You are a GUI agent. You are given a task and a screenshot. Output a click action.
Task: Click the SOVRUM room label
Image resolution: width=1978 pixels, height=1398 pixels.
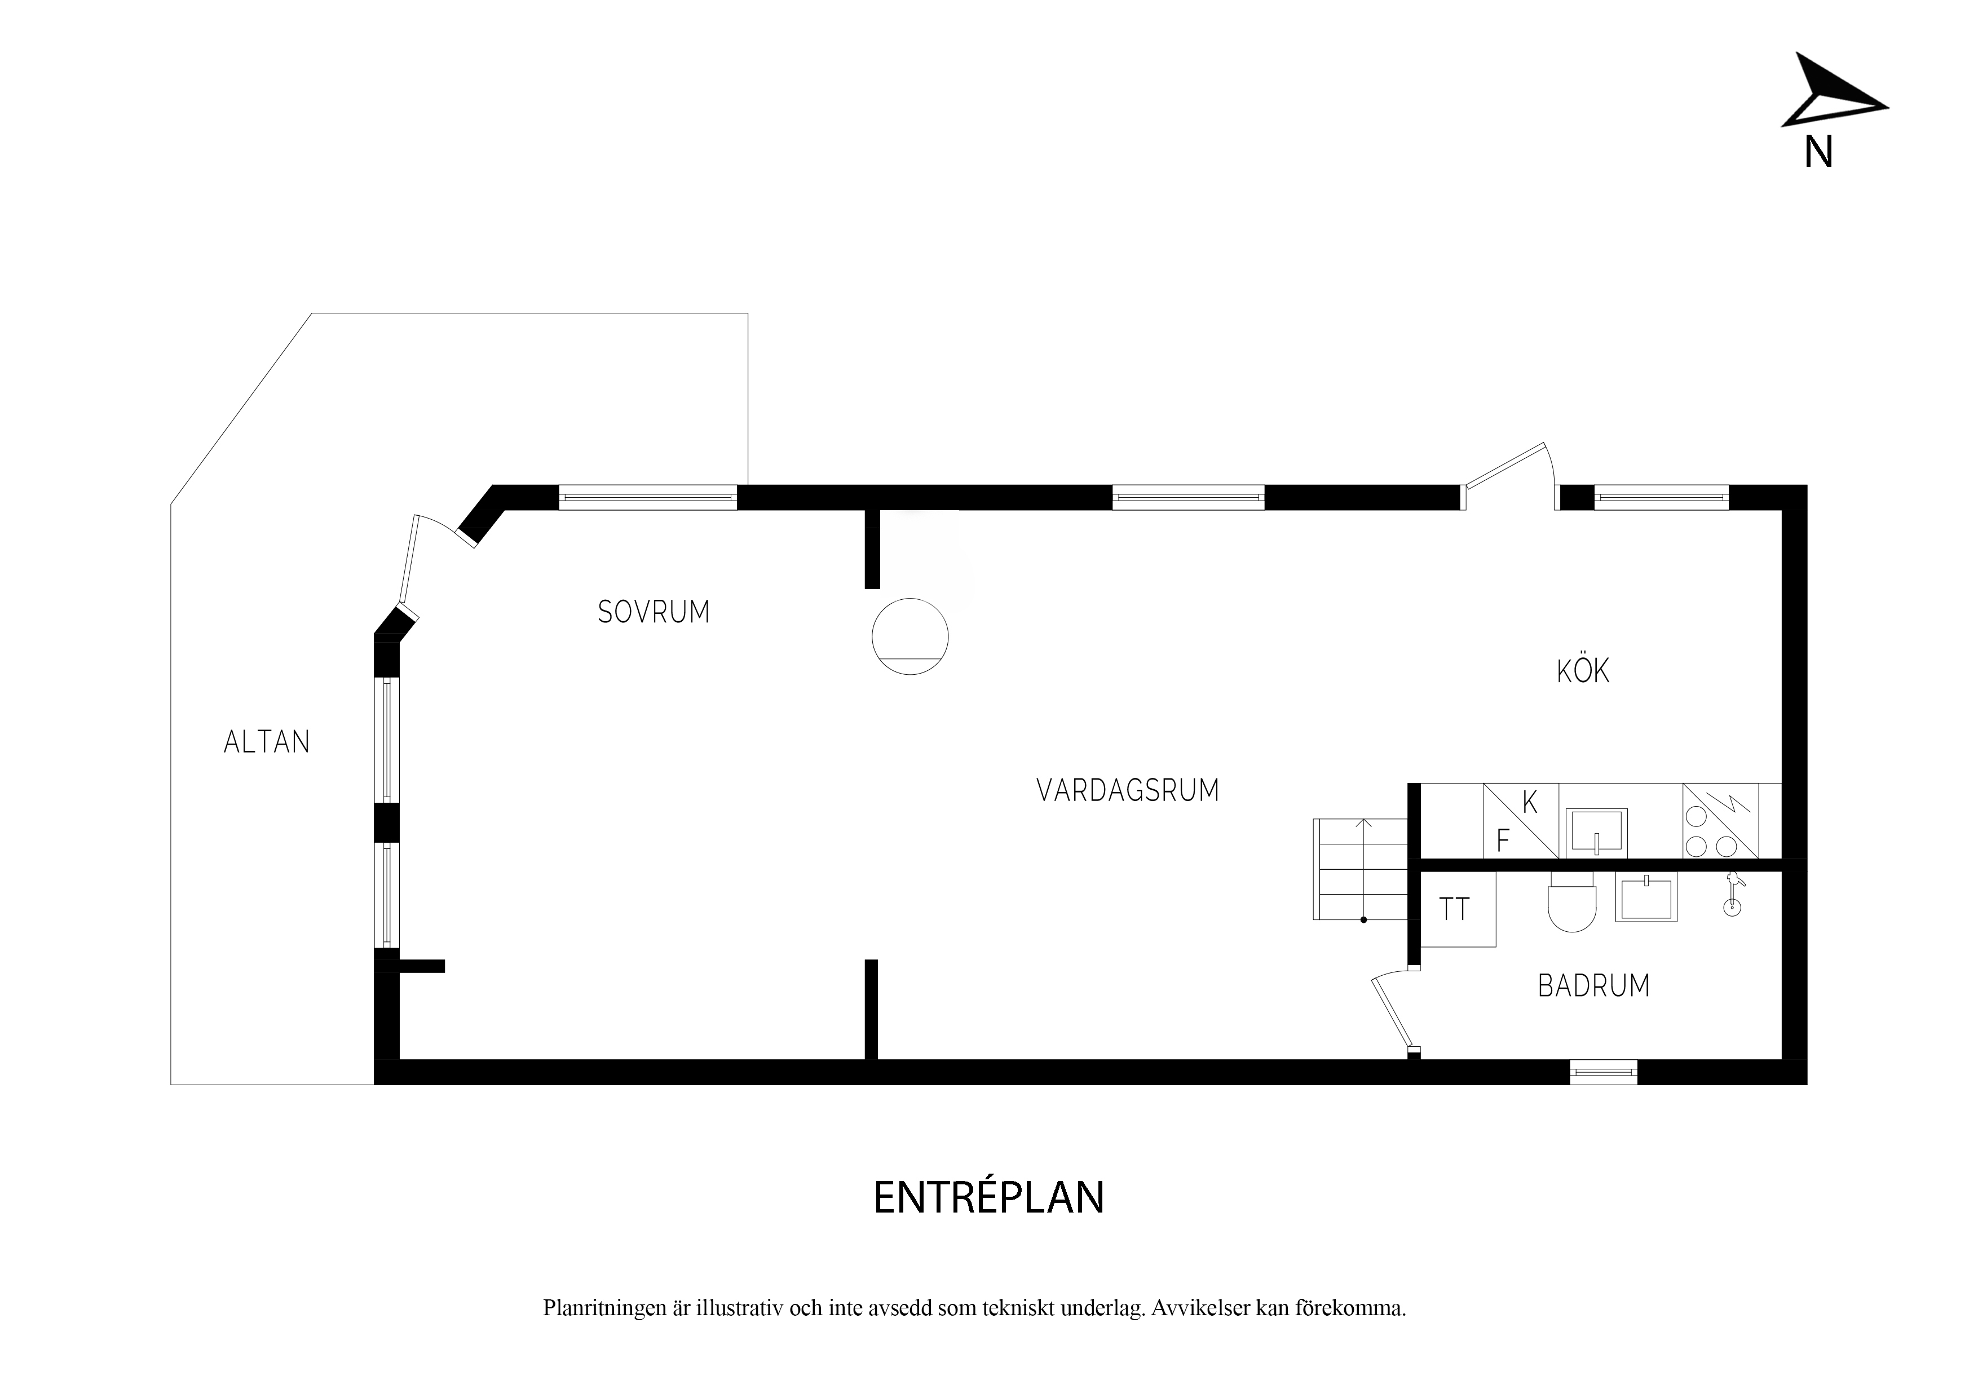(x=654, y=612)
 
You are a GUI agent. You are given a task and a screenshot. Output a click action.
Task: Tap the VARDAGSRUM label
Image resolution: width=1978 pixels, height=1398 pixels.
(x=1128, y=790)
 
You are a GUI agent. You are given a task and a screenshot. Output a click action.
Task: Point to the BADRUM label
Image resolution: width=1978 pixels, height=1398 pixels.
(x=1594, y=985)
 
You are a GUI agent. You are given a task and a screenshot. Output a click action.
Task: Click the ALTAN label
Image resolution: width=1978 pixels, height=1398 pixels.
(x=266, y=742)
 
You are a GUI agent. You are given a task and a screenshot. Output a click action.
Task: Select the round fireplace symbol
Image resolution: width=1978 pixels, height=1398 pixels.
(x=909, y=636)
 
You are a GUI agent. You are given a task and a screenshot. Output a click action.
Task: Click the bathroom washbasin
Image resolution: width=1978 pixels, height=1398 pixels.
(x=1646, y=897)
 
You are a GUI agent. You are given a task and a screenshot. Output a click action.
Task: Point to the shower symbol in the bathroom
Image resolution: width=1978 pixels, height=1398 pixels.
(x=1731, y=895)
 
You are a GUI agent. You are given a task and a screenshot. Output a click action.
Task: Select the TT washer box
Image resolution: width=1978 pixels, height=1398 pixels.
(x=1458, y=909)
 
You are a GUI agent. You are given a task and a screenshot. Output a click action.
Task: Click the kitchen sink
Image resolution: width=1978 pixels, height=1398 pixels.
(x=1596, y=832)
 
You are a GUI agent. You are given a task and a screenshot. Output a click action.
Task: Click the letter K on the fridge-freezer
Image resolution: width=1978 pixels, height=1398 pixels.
(x=1530, y=803)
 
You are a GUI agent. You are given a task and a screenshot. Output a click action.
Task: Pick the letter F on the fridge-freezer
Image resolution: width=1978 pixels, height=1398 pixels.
(x=1503, y=840)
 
